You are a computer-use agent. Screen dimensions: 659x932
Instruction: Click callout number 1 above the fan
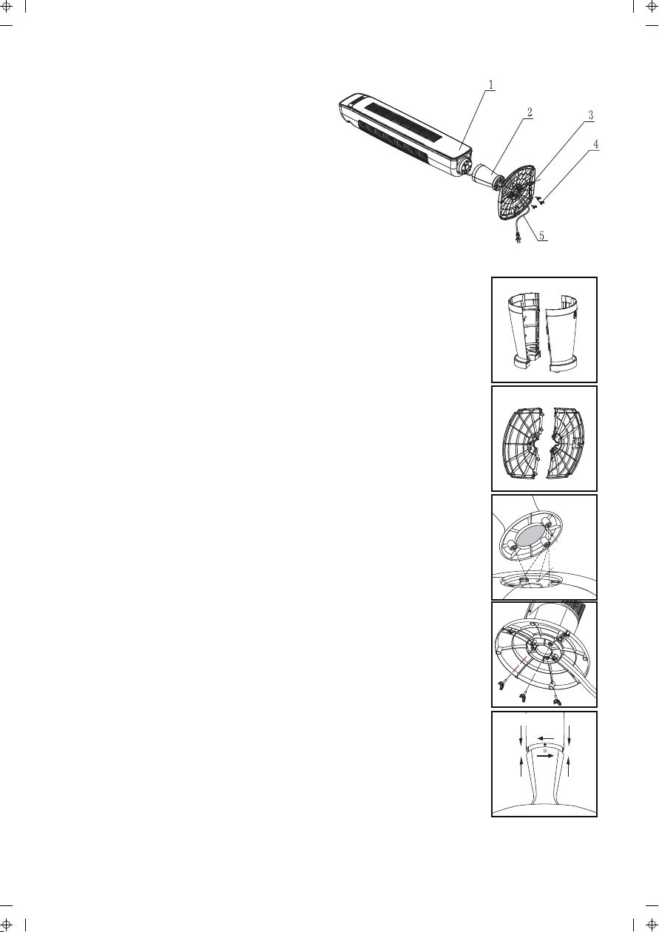coord(491,84)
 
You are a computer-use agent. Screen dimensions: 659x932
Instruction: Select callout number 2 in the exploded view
coord(530,112)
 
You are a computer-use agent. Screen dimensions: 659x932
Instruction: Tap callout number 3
coord(590,115)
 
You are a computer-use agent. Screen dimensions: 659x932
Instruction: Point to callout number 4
coord(596,144)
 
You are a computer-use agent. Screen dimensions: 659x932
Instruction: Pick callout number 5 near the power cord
coord(541,235)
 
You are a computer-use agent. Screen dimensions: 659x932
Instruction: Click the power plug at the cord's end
coord(518,239)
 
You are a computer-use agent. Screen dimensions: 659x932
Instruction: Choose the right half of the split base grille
coord(567,442)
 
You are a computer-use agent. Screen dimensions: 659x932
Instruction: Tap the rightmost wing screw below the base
coord(558,702)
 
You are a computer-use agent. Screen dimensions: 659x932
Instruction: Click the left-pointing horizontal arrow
coord(548,738)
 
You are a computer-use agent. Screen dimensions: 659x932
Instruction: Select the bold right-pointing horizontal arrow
coord(545,757)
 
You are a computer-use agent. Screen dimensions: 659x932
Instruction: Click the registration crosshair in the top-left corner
coord(7,7)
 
